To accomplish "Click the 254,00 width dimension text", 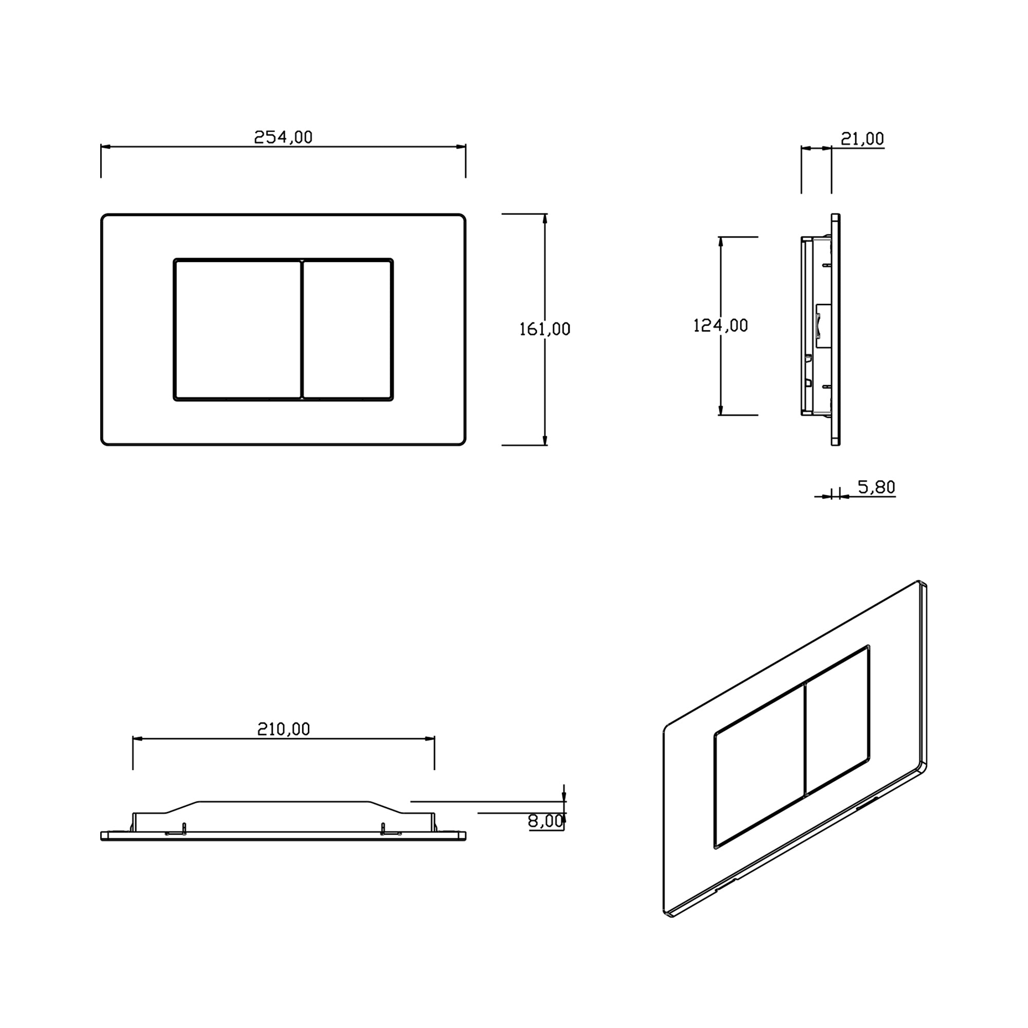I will pos(283,137).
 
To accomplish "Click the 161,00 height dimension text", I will pos(544,329).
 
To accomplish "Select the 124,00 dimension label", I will pos(721,325).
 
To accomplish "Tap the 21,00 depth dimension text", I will pos(862,139).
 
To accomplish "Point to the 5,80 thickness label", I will pos(876,487).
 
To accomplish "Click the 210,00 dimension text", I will pos(283,729).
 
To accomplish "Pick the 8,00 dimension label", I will pos(545,821).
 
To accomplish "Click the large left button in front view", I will pos(238,329).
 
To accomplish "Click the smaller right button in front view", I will pos(347,329).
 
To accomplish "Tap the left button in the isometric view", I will pos(758,766).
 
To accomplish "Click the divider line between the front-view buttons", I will pos(302,329).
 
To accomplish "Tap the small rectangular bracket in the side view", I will pos(823,326).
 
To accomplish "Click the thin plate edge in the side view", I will pos(836,329).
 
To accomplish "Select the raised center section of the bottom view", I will pos(283,808).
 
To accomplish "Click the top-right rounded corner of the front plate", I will pos(462,218).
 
